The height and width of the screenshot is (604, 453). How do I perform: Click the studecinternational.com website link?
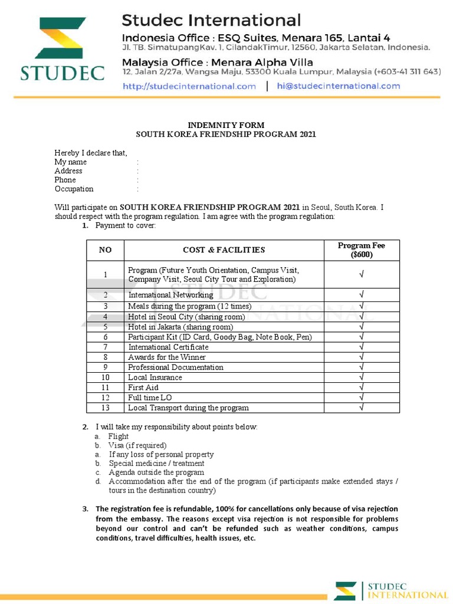click(x=189, y=86)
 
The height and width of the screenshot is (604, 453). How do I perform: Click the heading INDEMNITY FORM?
click(x=226, y=125)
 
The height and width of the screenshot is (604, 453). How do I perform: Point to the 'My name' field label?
click(x=71, y=162)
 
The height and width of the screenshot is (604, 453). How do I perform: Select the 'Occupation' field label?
click(x=74, y=189)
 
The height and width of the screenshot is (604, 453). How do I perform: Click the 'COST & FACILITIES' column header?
click(x=224, y=250)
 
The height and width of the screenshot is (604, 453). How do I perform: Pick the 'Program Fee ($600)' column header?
click(x=362, y=250)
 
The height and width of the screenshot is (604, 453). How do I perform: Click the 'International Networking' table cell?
click(x=171, y=295)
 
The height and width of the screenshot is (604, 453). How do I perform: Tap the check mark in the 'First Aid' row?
click(x=362, y=388)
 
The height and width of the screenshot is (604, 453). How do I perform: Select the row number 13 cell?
click(x=106, y=408)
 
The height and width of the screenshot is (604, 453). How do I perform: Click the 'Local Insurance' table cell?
click(x=155, y=377)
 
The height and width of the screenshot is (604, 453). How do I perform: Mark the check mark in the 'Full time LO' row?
click(x=362, y=398)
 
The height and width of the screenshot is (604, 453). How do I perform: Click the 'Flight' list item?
click(x=118, y=436)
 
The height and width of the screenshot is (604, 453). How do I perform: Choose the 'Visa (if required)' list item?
click(x=137, y=445)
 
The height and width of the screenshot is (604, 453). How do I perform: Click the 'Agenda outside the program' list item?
click(x=156, y=472)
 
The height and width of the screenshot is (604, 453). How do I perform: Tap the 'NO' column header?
click(x=106, y=250)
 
